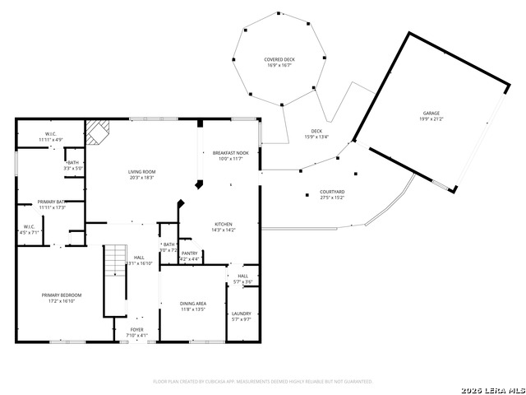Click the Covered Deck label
(x=279, y=60)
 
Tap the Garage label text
(x=431, y=113)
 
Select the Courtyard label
(x=331, y=193)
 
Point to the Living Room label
(x=141, y=172)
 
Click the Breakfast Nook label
(x=229, y=153)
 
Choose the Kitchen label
(x=224, y=224)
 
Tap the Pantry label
(x=189, y=253)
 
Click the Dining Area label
(x=193, y=304)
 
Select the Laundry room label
(x=241, y=314)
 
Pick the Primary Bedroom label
(x=62, y=295)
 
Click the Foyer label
(x=136, y=329)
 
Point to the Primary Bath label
(x=51, y=202)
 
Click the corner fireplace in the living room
(x=99, y=131)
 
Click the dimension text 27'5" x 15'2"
(x=331, y=197)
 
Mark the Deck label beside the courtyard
(x=316, y=132)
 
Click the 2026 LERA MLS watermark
(x=492, y=388)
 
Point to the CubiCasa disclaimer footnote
(x=263, y=382)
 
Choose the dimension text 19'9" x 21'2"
(x=431, y=118)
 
